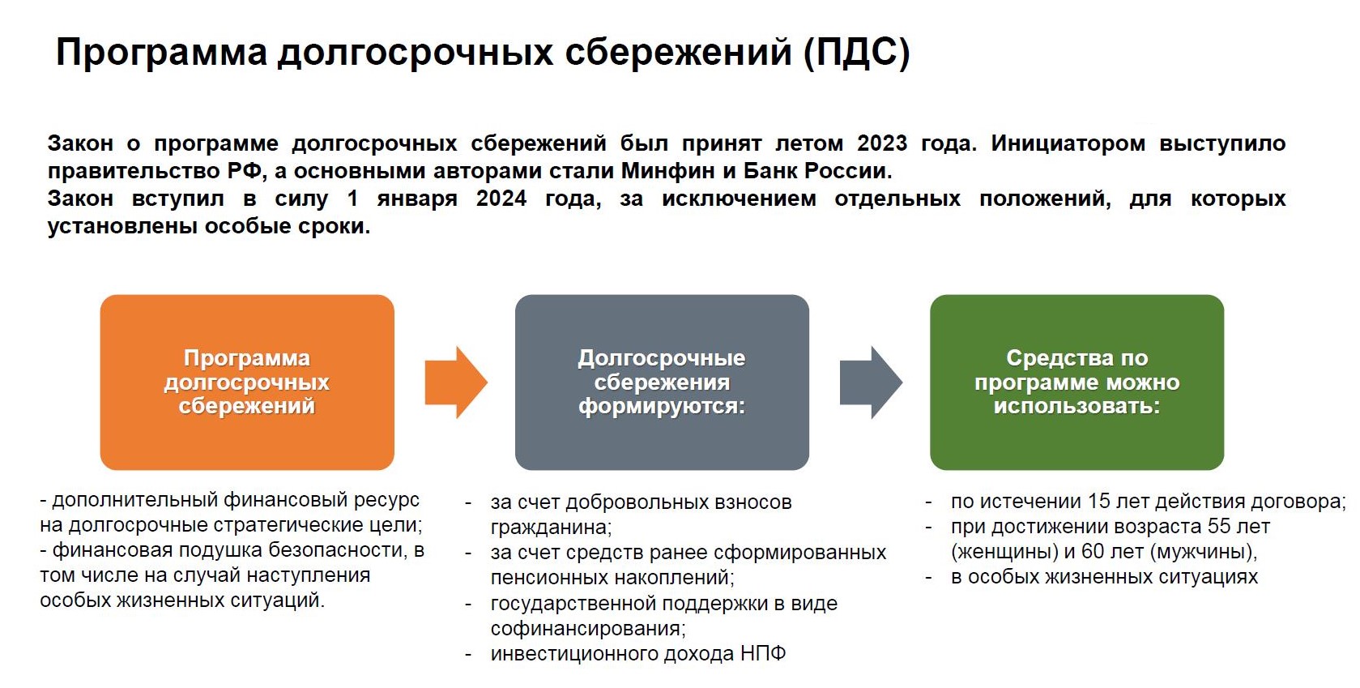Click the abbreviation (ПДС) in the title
coord(856,52)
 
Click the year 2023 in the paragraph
coord(881,143)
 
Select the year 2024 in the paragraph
coord(501,199)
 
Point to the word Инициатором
coord(1068,143)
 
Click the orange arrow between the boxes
coord(456,382)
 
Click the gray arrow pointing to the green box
coord(871,382)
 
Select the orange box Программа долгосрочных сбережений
coord(247,382)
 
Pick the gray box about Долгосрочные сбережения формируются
coord(662,382)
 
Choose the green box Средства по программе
coord(1076,382)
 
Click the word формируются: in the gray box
coord(662,406)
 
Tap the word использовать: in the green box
coord(1076,406)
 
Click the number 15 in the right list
coord(1099,502)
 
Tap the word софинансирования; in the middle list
coord(588,629)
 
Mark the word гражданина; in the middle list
coord(551,528)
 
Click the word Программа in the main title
coord(161,53)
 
